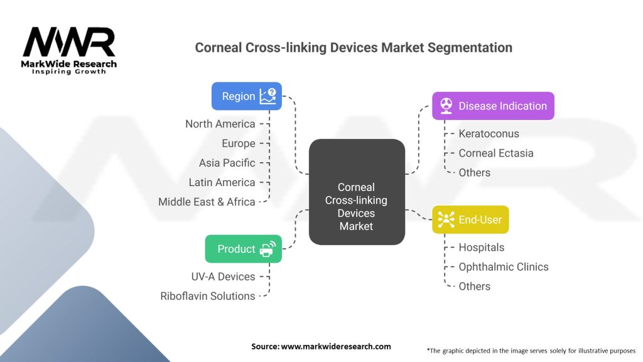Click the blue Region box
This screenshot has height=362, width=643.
tap(246, 96)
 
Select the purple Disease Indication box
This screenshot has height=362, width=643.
tap(493, 106)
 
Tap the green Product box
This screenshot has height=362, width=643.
tap(243, 249)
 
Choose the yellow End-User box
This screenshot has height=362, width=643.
tap(470, 219)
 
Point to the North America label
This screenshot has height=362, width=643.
tap(220, 124)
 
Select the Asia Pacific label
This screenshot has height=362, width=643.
tap(227, 163)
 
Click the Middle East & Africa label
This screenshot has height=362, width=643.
tap(207, 202)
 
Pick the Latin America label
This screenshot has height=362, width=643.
tap(222, 182)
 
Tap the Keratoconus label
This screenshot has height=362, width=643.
tap(489, 133)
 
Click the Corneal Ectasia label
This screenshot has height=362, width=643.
tap(495, 153)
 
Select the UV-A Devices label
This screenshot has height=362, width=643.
tap(223, 277)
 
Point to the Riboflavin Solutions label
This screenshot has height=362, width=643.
tap(208, 296)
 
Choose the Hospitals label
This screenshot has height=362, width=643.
tap(481, 248)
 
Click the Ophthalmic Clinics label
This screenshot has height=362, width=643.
tap(503, 266)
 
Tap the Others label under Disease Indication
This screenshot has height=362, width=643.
tap(474, 172)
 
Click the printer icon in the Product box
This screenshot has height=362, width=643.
tap(267, 249)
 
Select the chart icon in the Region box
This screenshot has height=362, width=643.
tap(268, 96)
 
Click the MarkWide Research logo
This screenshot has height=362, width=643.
tap(69, 50)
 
